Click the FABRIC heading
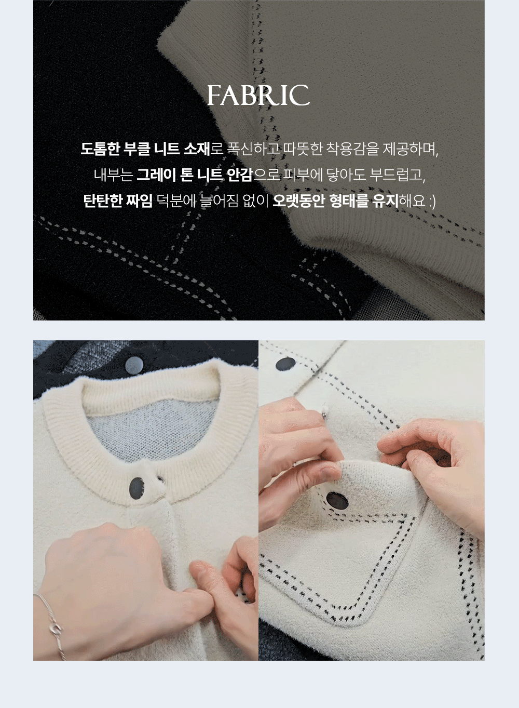pyautogui.click(x=258, y=95)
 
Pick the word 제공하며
pyautogui.click(x=410, y=149)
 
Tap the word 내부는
pyautogui.click(x=113, y=175)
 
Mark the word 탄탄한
pyautogui.click(x=102, y=201)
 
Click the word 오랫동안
pyautogui.click(x=298, y=201)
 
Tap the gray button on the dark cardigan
pyautogui.click(x=134, y=365)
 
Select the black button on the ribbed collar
pyautogui.click(x=137, y=488)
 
